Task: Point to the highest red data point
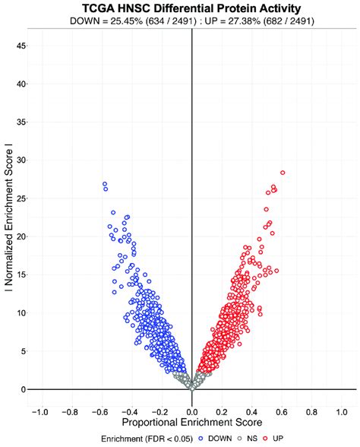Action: [x=283, y=173]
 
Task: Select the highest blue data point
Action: [x=105, y=184]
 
